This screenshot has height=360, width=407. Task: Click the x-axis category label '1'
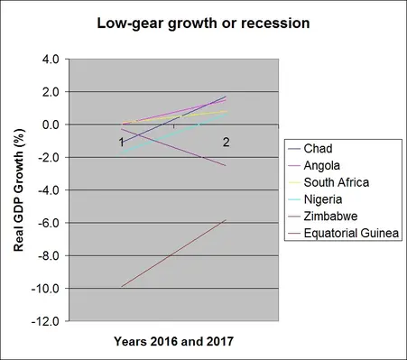coord(121,143)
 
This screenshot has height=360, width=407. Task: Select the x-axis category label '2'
coord(226,143)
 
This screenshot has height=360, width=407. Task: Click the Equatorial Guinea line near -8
coord(173,254)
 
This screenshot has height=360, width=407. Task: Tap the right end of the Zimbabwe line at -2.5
coord(226,166)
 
